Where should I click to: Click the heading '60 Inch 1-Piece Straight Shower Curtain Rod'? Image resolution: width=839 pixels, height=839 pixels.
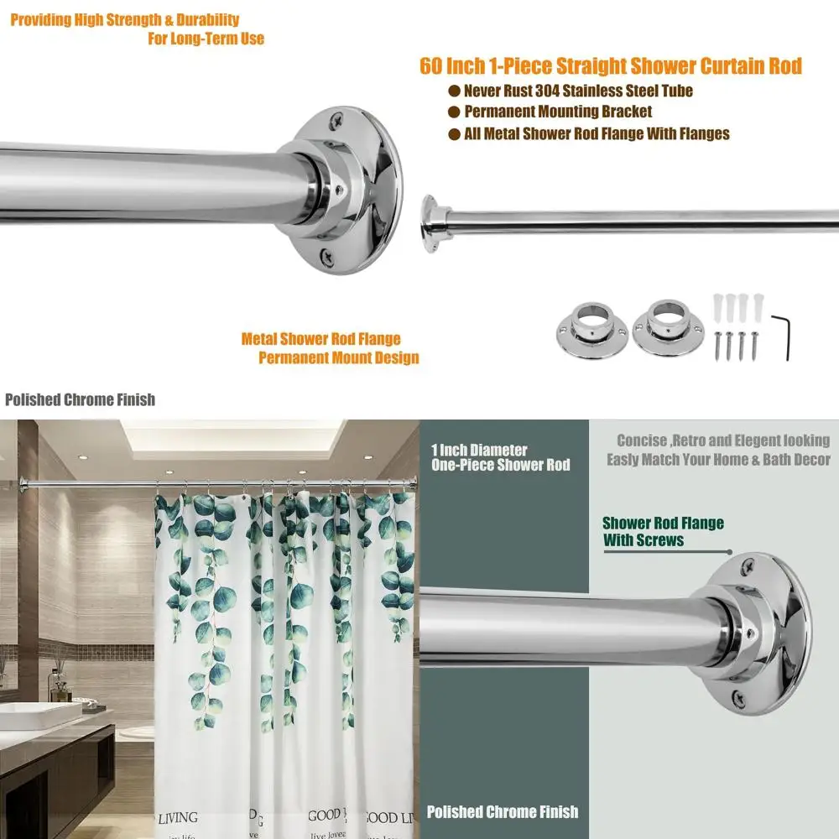611,66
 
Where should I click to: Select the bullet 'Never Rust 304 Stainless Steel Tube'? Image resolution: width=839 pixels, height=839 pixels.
578,91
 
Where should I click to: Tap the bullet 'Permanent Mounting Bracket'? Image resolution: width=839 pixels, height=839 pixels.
558,112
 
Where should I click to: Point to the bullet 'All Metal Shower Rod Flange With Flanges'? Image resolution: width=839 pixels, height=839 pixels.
597,133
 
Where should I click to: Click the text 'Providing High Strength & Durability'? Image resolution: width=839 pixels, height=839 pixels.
124,20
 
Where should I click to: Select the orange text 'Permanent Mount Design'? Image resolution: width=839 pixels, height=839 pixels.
338,358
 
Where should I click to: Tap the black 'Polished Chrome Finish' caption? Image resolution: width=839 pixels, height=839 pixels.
80,400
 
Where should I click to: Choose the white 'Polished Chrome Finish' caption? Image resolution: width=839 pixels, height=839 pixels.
502,811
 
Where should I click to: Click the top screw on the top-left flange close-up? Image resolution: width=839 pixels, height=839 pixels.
336,120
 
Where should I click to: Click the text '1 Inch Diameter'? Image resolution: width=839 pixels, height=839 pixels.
479,451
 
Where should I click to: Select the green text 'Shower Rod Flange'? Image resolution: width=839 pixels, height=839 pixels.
663,524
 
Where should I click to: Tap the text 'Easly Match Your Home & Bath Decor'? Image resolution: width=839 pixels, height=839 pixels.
718,460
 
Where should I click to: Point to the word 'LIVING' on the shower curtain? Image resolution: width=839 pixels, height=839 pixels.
177,817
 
